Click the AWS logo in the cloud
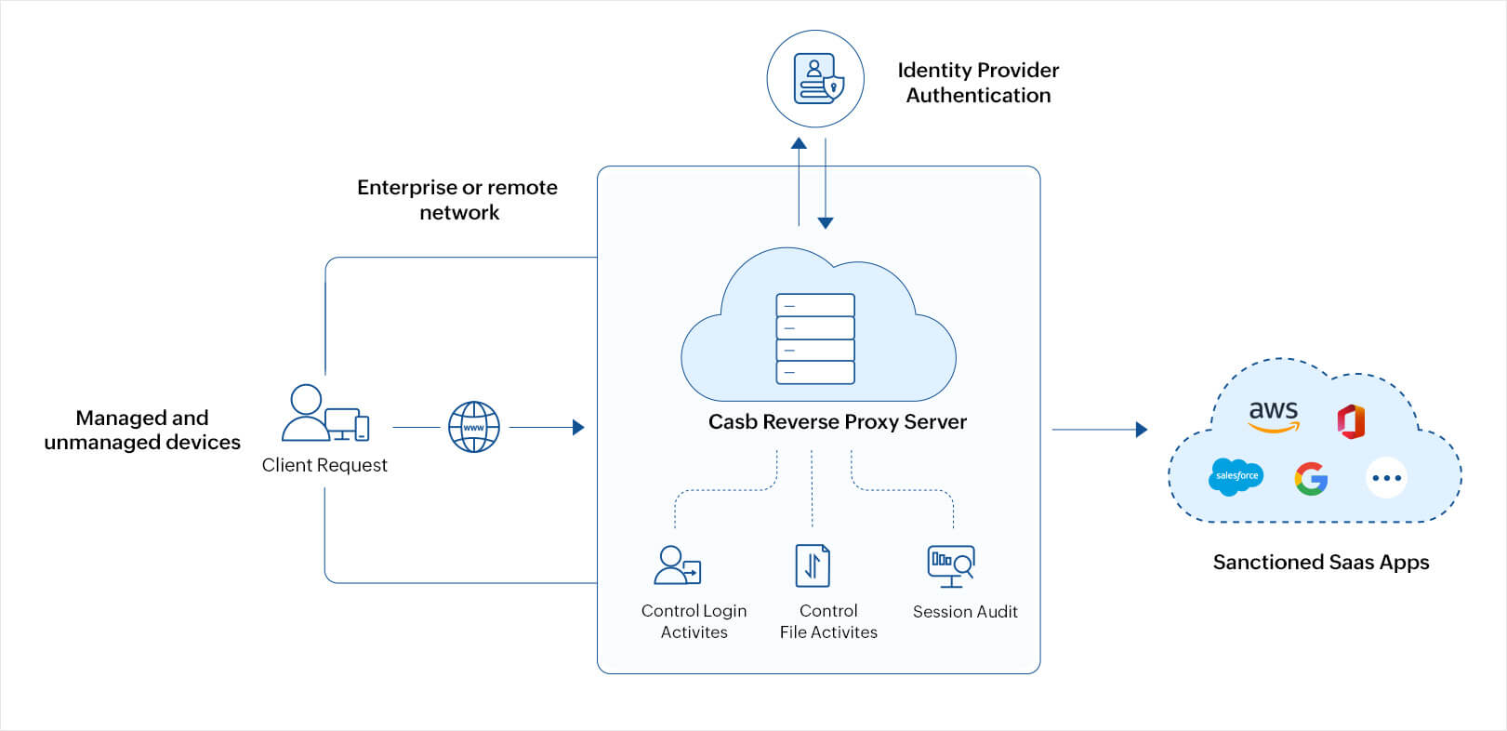(1273, 415)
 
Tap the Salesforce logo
(1236, 476)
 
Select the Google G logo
(1311, 478)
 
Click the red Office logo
(1351, 421)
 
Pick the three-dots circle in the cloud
(1386, 478)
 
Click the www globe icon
(474, 427)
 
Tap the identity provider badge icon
(816, 79)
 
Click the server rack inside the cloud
(815, 339)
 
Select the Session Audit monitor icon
(951, 565)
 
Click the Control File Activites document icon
(812, 565)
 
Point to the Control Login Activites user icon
(677, 565)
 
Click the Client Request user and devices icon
(324, 414)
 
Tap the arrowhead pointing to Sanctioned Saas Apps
(1142, 430)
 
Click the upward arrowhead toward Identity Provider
(799, 143)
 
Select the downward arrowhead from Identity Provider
(826, 223)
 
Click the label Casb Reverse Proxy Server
(837, 422)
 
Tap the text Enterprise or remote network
(457, 200)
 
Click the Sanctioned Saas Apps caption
(1320, 562)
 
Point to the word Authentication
(978, 96)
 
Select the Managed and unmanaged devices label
(142, 430)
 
